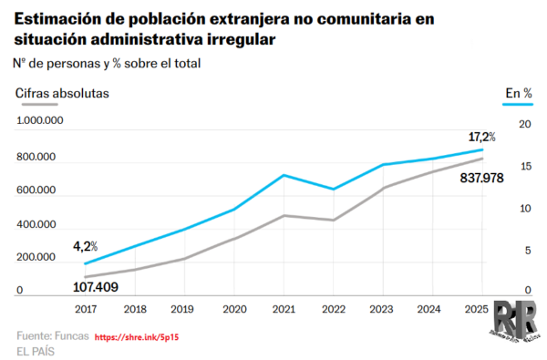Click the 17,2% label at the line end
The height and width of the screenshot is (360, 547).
(x=482, y=137)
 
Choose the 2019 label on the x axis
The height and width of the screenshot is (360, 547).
(x=184, y=310)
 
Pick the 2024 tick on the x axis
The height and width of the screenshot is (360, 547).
(x=432, y=310)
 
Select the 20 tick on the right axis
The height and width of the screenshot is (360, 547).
(x=524, y=124)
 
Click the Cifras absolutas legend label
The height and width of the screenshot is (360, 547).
(x=62, y=92)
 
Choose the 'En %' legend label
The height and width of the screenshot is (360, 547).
(x=519, y=92)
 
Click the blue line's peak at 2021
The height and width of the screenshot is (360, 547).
(x=284, y=175)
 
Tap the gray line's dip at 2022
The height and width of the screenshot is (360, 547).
(x=333, y=220)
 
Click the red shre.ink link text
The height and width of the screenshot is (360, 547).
(x=136, y=336)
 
